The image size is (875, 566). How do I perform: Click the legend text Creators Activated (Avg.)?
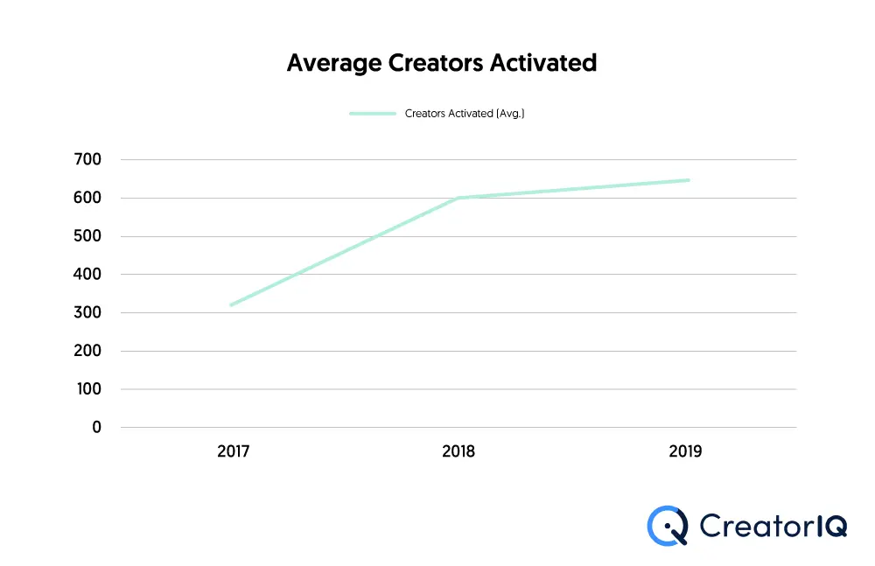coord(464,114)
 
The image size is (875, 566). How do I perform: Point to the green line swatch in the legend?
coord(373,114)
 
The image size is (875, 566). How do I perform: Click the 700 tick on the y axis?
coord(89,159)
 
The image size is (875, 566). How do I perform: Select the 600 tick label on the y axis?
coord(89,198)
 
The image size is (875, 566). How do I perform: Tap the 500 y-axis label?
coord(89,236)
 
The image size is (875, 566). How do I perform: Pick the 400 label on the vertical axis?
coord(89,274)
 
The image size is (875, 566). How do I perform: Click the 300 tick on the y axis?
coord(89,312)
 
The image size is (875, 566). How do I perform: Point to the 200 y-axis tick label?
coord(89,351)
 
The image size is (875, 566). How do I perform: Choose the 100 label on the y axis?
coord(89,388)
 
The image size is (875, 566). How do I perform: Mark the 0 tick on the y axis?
coord(96,427)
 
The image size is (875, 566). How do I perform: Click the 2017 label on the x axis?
coord(234,452)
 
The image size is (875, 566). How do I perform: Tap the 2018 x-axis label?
coord(458,452)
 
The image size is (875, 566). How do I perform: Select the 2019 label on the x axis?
coord(685,452)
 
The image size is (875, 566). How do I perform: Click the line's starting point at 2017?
coord(232,304)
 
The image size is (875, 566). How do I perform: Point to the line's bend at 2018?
coord(458,198)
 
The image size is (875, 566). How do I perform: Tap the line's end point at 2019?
coord(688,180)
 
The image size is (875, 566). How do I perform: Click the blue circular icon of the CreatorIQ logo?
coord(668,525)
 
